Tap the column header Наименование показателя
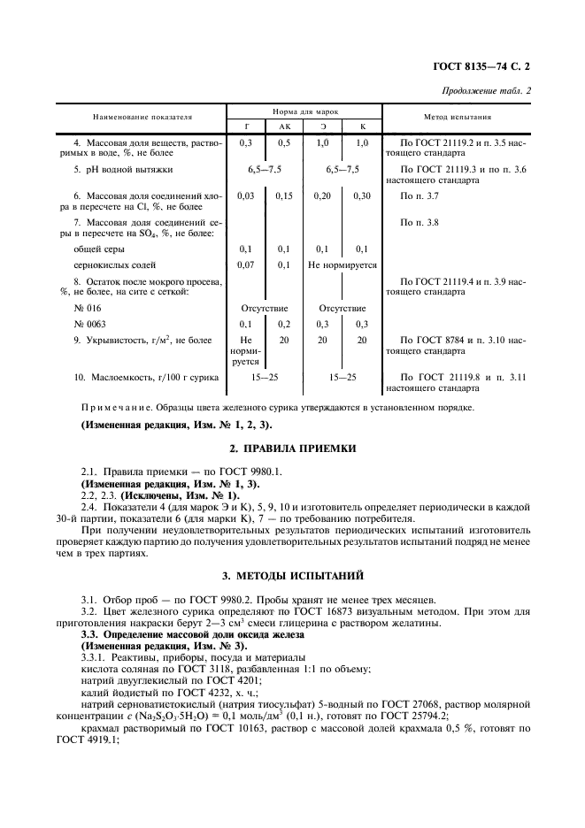click(x=137, y=117)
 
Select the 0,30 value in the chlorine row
click(x=361, y=195)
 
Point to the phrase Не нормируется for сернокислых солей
click(x=342, y=264)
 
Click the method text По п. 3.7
click(x=420, y=195)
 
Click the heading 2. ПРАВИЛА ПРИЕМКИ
click(x=292, y=448)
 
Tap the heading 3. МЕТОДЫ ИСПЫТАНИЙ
click(x=292, y=575)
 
